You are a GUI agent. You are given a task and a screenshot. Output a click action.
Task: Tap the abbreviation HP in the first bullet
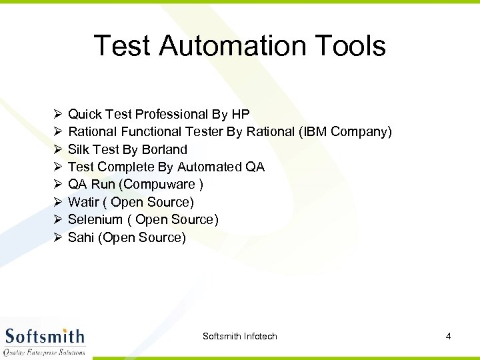240,115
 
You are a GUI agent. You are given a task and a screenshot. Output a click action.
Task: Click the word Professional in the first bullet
170,115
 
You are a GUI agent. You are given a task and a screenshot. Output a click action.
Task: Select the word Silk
79,149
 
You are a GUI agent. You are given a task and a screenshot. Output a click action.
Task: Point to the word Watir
83,202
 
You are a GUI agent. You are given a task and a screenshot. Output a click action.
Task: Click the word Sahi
81,237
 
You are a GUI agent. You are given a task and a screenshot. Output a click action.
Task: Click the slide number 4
448,336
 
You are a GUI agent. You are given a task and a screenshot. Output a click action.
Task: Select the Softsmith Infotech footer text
239,336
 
